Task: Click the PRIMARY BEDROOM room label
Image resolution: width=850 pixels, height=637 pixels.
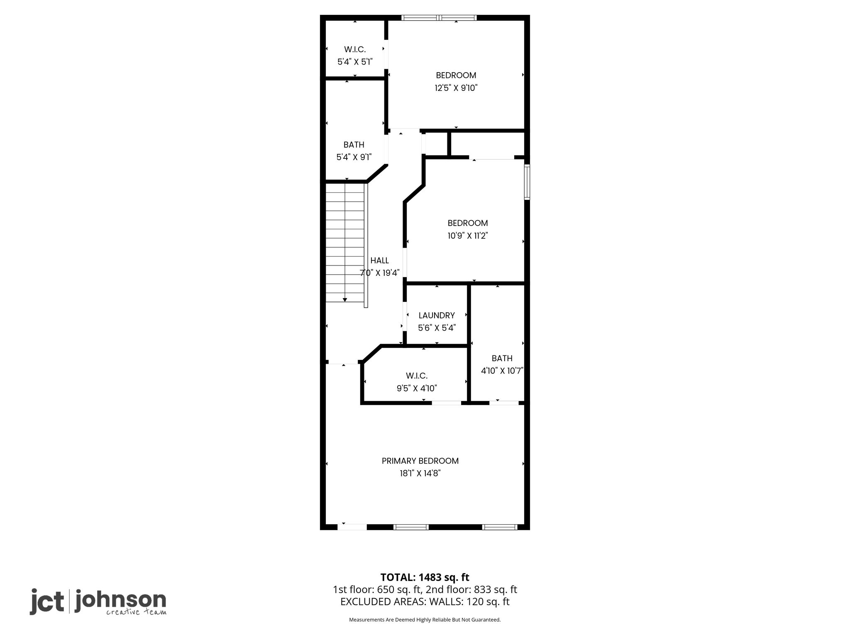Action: tap(420, 461)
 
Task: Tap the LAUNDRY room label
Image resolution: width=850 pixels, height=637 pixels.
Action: tap(437, 315)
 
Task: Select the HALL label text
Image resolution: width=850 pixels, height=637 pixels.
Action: tap(379, 260)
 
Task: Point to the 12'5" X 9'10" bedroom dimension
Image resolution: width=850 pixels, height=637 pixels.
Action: tap(456, 88)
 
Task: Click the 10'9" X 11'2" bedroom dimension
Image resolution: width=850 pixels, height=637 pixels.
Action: tap(468, 236)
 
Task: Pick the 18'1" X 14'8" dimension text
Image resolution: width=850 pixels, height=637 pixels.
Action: tap(420, 473)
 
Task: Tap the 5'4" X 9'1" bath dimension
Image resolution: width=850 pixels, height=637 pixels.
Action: tap(354, 157)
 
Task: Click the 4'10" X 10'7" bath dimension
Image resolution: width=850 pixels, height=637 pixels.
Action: tap(502, 371)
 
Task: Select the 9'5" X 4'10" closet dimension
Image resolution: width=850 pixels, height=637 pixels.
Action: tap(417, 388)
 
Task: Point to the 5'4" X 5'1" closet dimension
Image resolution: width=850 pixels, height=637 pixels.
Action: tap(355, 62)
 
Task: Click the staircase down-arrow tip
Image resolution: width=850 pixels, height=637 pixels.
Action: tap(345, 301)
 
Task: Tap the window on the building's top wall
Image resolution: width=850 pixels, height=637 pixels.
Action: tap(439, 18)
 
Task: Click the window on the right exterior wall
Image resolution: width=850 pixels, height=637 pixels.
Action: tap(527, 182)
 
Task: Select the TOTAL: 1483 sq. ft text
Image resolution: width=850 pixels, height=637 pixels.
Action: tap(425, 577)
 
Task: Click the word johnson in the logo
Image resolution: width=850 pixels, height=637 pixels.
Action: tap(120, 601)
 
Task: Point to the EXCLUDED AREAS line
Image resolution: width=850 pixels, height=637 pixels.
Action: tap(425, 602)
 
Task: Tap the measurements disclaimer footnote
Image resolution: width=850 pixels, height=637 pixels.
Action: tap(425, 620)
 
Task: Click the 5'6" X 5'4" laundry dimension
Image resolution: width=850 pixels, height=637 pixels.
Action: tap(437, 328)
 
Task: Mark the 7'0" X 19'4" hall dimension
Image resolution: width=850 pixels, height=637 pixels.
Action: tap(379, 273)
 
